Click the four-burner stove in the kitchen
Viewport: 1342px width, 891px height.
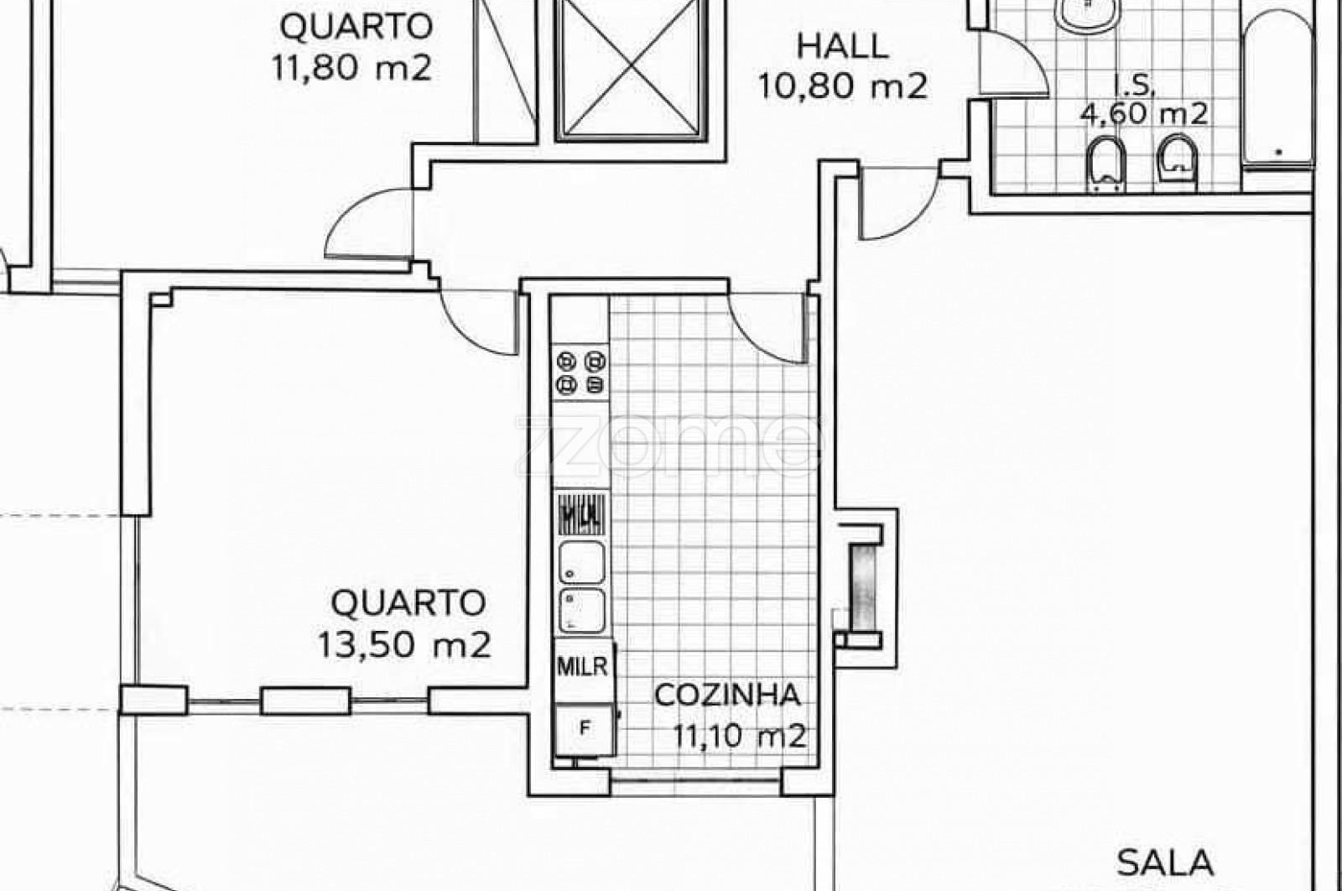coord(580,373)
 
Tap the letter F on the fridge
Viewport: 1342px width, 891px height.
coord(585,727)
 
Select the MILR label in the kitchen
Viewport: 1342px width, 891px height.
coord(582,666)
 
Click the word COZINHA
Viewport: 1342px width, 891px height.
coord(727,695)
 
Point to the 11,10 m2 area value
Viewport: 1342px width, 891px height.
coord(740,736)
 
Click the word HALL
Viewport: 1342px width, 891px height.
coord(842,46)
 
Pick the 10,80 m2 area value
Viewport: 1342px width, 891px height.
coord(842,86)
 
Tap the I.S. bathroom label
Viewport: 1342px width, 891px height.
coord(1134,86)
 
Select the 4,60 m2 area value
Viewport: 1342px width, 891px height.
coord(1143,113)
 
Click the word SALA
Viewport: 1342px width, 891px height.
coord(1165,863)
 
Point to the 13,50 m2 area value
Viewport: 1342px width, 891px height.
coord(404,644)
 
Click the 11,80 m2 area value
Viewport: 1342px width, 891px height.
coord(351,68)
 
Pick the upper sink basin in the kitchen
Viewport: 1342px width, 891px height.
coord(582,562)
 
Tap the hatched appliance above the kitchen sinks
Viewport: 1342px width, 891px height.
coord(581,513)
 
